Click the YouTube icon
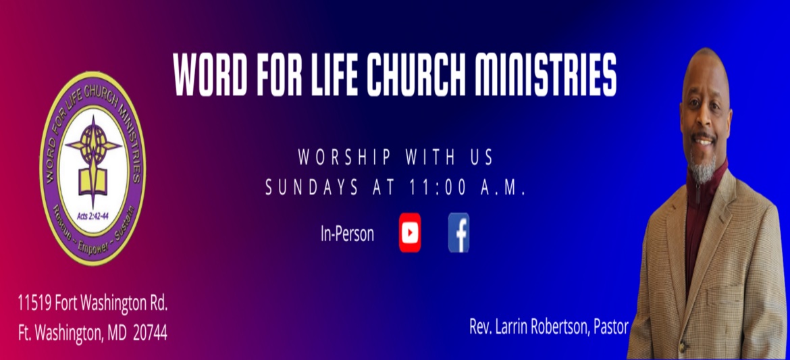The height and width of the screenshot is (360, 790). pos(410,232)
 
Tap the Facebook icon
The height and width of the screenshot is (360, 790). pos(458,232)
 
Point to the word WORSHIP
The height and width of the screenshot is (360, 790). pos(344,157)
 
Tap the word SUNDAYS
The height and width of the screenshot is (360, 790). pos(312,187)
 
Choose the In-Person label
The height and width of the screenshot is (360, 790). pos(347,234)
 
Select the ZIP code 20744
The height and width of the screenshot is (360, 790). pos(150,334)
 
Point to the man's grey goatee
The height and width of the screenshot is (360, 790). pos(704,168)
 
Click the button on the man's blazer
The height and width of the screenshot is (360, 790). pos(683,347)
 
